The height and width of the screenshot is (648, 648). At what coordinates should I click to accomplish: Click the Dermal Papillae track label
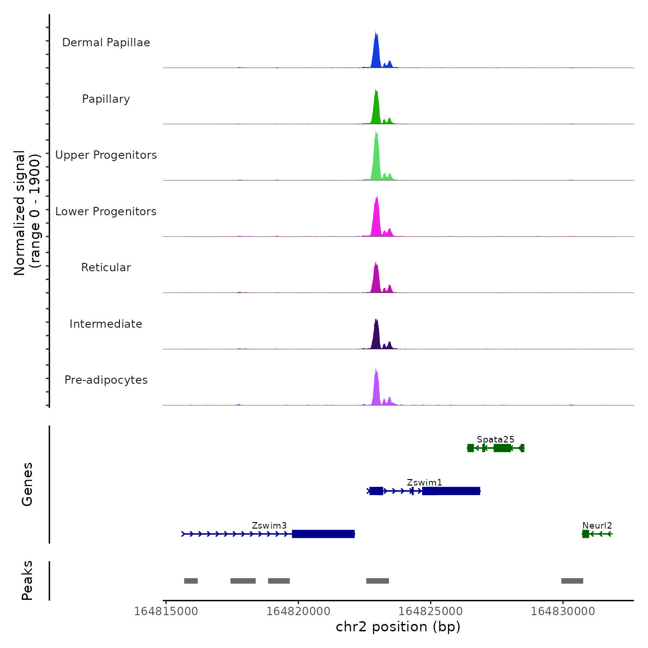(x=106, y=43)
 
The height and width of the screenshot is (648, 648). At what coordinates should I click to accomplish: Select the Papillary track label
(x=106, y=99)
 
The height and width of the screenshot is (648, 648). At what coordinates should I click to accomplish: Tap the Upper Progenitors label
(x=106, y=155)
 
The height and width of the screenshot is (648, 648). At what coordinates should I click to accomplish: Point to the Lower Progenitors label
(x=106, y=212)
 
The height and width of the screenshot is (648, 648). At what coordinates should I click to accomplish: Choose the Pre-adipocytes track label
(x=106, y=380)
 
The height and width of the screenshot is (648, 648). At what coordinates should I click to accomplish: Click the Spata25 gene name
(x=495, y=439)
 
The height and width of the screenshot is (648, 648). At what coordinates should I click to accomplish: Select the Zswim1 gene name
(x=424, y=483)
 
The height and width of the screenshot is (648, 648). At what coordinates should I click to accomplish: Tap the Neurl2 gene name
(x=597, y=526)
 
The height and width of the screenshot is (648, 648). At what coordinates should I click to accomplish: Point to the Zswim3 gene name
(x=269, y=526)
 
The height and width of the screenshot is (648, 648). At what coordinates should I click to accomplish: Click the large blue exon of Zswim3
(x=323, y=534)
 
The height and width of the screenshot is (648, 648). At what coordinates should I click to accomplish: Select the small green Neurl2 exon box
(x=586, y=534)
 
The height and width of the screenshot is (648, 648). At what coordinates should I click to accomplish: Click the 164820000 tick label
(x=299, y=611)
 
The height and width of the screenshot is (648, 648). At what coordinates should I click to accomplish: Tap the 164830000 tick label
(x=563, y=611)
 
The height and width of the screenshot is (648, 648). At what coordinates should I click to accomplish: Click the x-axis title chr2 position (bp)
(x=398, y=627)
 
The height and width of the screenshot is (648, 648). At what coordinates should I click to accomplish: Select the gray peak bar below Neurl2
(x=572, y=581)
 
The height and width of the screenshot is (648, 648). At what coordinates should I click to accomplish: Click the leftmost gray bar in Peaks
(x=191, y=581)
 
